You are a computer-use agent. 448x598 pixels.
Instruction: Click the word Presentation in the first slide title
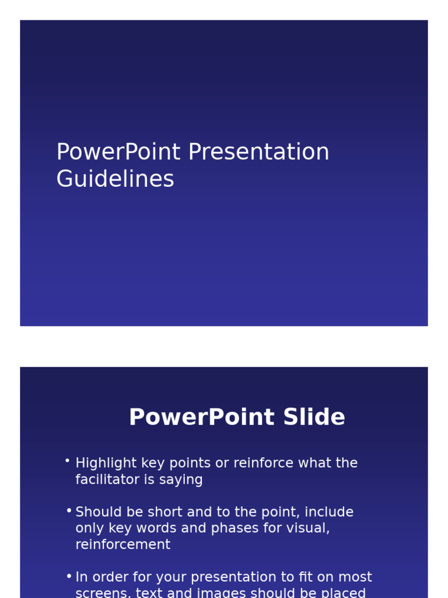[258, 153]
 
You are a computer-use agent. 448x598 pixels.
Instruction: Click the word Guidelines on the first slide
[115, 179]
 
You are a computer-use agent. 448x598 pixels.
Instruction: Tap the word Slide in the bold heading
[314, 418]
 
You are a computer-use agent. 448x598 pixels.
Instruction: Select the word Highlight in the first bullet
[100, 464]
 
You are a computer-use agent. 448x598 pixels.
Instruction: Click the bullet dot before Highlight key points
[68, 461]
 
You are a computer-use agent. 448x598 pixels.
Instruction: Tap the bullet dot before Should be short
[68, 510]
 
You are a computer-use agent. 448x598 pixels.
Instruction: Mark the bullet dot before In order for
[68, 576]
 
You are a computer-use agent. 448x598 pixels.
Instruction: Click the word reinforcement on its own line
[123, 545]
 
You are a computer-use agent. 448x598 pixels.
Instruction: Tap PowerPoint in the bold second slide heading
[202, 418]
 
